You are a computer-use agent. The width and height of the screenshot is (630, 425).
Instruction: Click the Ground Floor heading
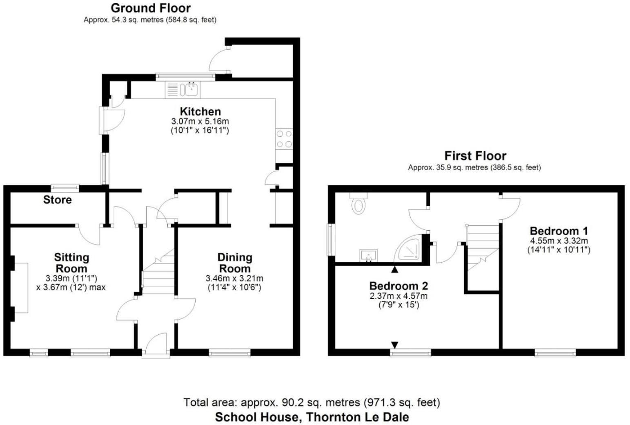150,8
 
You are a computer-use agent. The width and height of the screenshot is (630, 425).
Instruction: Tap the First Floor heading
475,156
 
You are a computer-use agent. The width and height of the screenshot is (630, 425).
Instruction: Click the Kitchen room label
200,111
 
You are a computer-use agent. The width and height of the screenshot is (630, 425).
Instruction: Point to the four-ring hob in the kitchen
284,139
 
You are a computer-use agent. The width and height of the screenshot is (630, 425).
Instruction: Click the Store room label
57,200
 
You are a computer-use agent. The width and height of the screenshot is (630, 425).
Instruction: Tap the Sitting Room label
71,263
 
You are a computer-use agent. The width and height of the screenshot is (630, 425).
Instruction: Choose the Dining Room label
234,263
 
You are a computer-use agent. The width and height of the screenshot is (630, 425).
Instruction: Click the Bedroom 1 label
559,231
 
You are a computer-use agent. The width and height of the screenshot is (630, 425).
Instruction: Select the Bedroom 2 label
398,286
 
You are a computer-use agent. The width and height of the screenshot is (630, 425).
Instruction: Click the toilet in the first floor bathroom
358,204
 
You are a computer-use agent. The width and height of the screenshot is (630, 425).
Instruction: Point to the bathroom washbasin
369,255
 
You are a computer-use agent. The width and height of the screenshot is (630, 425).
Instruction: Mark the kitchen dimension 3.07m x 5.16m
200,121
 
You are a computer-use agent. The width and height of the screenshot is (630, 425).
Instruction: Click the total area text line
312,403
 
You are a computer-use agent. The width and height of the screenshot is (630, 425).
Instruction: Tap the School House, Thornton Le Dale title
312,417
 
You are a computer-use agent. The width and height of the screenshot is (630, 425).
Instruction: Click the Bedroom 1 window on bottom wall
555,352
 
